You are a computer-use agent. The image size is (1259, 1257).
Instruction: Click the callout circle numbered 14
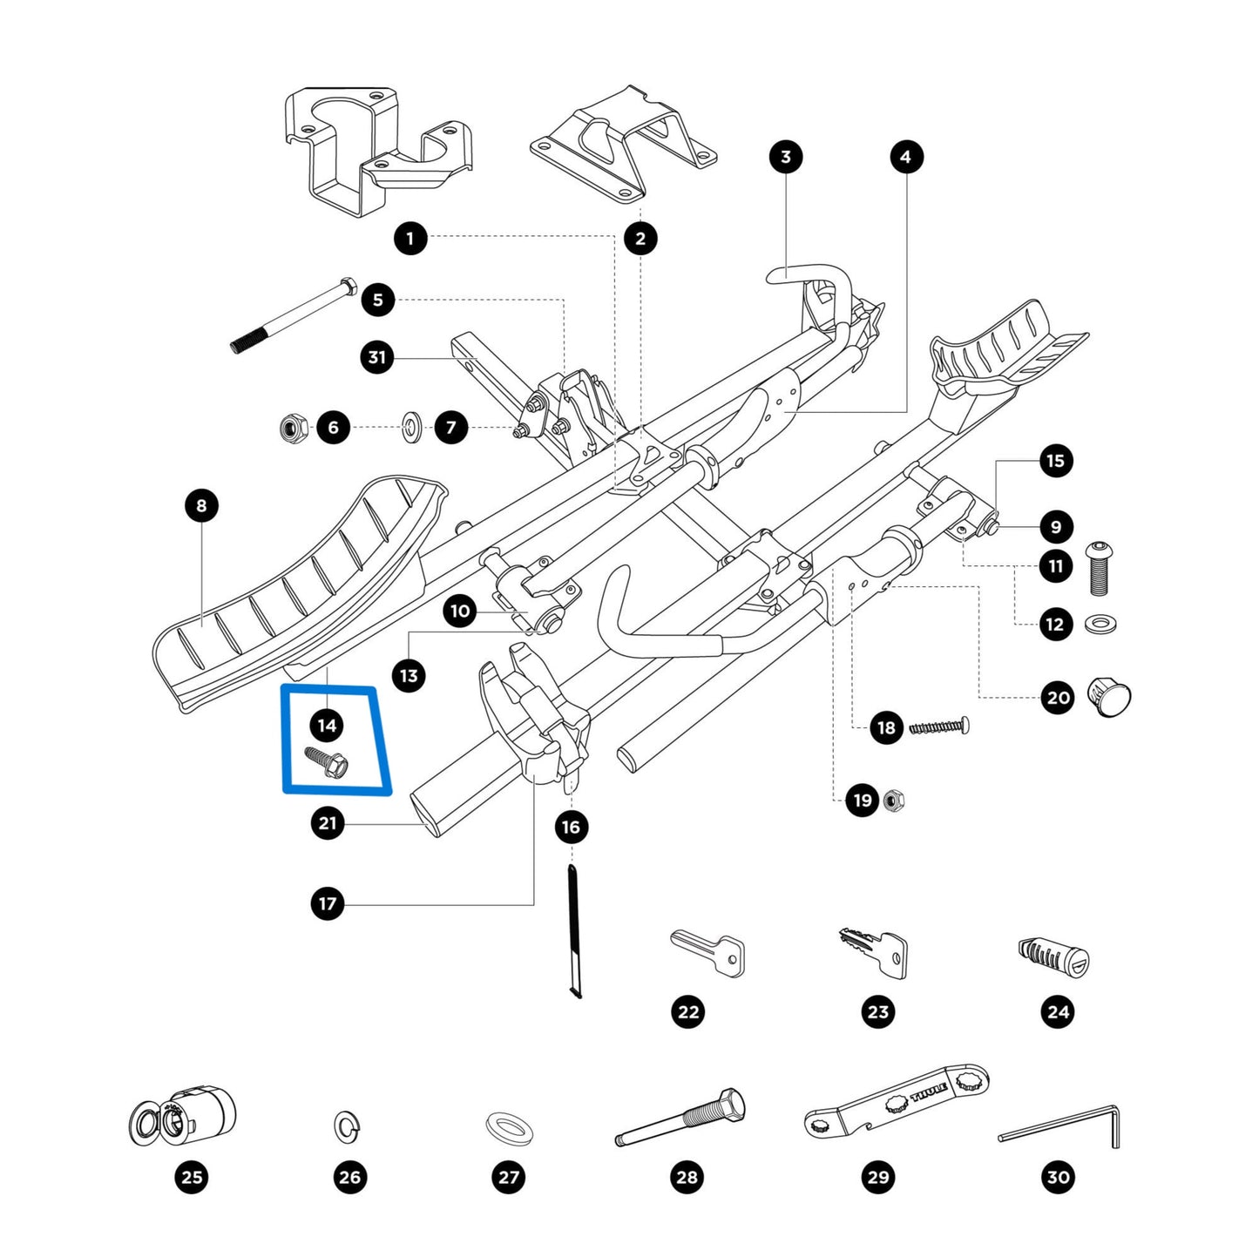pos(327,725)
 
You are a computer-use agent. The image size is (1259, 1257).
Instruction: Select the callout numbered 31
pos(376,357)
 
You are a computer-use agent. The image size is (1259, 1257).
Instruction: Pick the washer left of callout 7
pos(410,428)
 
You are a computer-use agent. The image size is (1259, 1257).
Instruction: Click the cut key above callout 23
pos(874,950)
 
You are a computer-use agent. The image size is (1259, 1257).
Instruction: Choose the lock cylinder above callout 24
pos(1053,957)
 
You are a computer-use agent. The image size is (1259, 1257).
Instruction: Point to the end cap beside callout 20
pos(1109,698)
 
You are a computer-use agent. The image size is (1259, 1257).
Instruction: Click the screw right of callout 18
pos(938,726)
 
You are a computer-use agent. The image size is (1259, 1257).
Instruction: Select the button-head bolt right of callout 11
pos(1098,568)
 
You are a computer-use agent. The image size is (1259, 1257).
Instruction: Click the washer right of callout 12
pos(1100,624)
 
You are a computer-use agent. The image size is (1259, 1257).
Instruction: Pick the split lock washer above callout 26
pos(349,1125)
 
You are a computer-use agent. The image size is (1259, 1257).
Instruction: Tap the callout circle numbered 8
pos(202,505)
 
